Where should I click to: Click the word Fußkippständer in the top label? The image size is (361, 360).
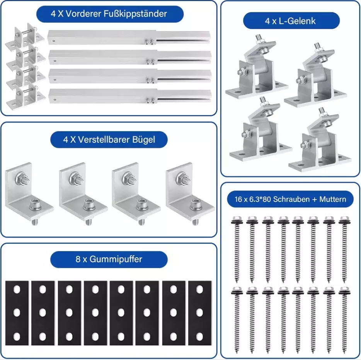(x=135, y=14)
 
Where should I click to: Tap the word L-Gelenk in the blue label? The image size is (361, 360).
(x=297, y=21)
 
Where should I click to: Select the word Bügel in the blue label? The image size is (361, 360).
(x=143, y=140)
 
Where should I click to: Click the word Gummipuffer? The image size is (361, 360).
(x=116, y=259)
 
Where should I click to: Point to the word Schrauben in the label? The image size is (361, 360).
(x=291, y=199)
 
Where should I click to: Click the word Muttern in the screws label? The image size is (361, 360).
(x=332, y=199)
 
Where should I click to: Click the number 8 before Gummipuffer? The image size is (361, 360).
(x=78, y=259)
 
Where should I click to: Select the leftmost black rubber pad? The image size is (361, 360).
(x=17, y=313)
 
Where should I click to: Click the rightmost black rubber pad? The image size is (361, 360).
(x=200, y=313)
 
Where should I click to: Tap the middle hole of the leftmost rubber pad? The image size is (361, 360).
(x=17, y=312)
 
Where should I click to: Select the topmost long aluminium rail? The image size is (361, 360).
(x=129, y=37)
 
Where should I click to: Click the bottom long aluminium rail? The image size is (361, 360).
(x=130, y=96)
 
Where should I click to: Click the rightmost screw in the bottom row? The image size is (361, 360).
(x=345, y=320)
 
